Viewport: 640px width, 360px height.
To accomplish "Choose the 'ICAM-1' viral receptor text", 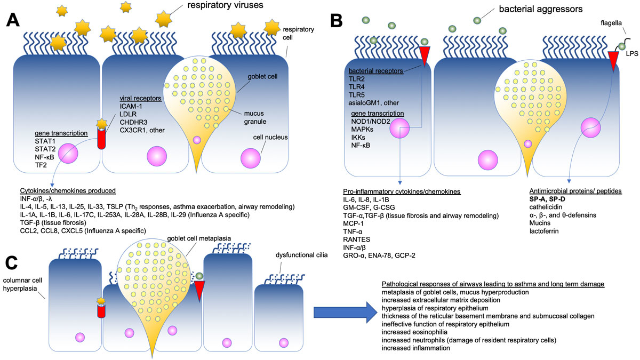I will [x=131, y=106].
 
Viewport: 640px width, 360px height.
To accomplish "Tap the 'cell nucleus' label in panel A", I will [x=274, y=137].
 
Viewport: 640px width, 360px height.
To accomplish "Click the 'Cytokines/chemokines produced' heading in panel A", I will [x=68, y=190].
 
